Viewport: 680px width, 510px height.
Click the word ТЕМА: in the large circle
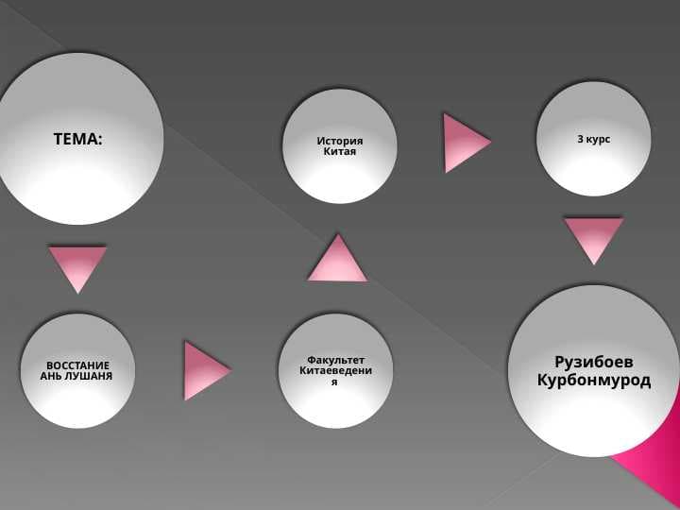(78, 139)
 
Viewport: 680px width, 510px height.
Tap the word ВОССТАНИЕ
(78, 365)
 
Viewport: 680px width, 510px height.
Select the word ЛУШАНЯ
(88, 377)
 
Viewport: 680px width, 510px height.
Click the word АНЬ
(50, 377)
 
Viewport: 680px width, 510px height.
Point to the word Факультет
(335, 361)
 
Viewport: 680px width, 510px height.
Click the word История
(340, 141)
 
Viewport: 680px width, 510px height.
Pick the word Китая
(340, 152)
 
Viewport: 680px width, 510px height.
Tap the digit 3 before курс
(580, 139)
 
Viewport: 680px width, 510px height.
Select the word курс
(598, 140)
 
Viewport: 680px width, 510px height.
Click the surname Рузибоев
(594, 362)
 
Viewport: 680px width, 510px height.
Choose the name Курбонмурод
(594, 381)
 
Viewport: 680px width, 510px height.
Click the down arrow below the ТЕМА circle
(77, 266)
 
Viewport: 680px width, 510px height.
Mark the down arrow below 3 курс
(594, 238)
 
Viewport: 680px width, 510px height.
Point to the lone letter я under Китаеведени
(334, 382)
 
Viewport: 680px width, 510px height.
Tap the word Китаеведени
(335, 371)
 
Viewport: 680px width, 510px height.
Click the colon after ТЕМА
(101, 140)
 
